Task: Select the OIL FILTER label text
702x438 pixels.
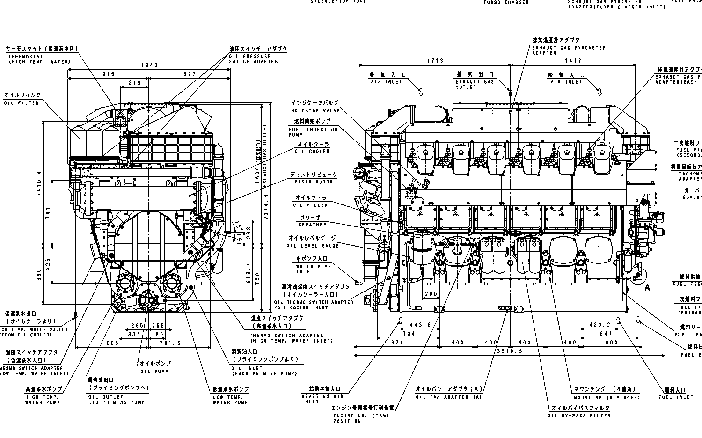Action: point(22,102)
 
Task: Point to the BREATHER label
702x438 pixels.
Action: point(312,225)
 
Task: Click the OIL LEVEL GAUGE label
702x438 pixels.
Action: point(313,245)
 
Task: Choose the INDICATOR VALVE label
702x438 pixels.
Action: point(310,110)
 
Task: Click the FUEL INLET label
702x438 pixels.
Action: point(675,397)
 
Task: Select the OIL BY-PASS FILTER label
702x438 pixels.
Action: point(580,415)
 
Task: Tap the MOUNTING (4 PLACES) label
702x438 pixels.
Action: point(607,397)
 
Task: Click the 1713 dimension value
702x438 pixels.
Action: point(435,60)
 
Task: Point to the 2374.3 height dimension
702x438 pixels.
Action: point(266,198)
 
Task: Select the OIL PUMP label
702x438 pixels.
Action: point(154,372)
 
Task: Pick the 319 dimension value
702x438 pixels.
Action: point(135,83)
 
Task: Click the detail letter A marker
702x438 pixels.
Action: point(648,287)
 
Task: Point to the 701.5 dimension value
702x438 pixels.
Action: point(169,343)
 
